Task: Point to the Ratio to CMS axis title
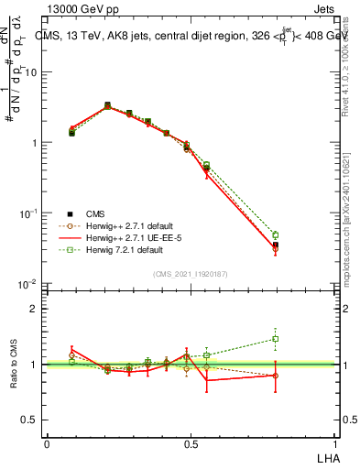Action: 14,365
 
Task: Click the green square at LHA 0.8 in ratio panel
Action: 275,339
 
